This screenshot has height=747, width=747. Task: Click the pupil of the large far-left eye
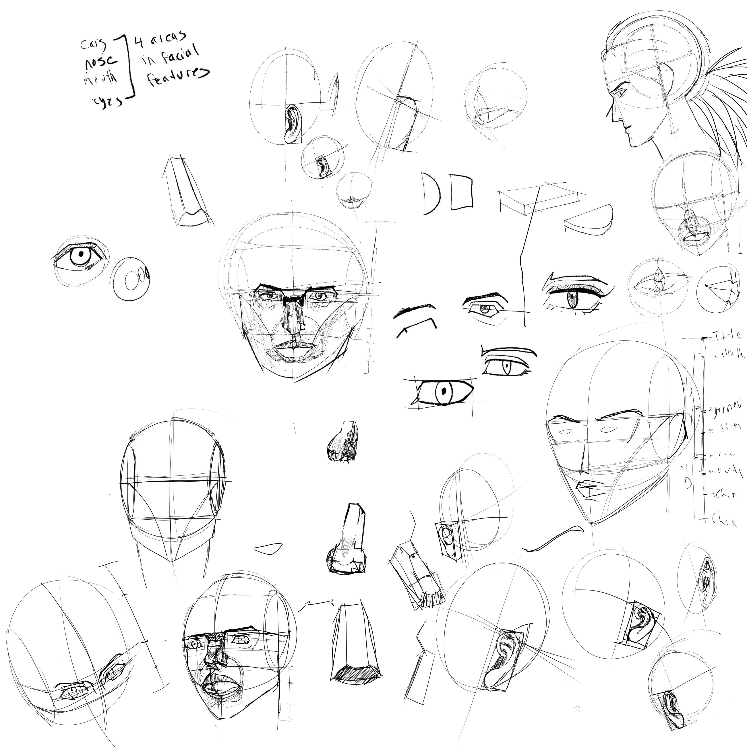click(x=81, y=254)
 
